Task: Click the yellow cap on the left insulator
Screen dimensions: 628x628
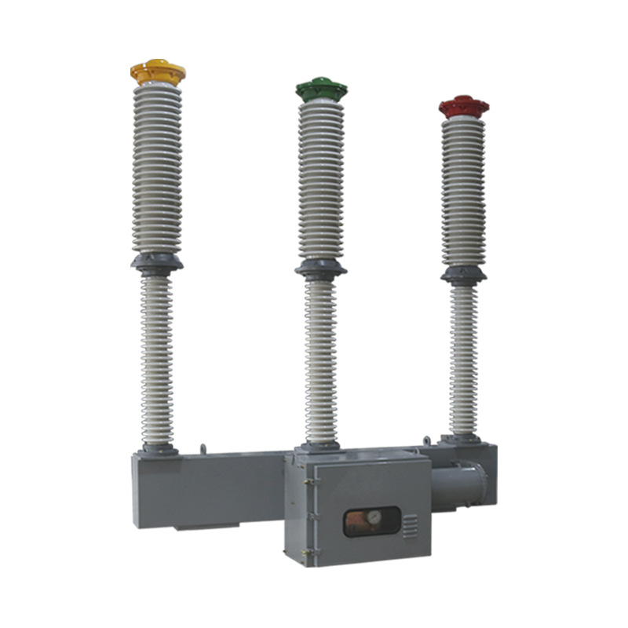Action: point(157,72)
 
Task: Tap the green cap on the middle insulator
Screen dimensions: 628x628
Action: point(322,89)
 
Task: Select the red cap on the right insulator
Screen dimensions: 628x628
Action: point(463,106)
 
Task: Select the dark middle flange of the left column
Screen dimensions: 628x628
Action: point(157,263)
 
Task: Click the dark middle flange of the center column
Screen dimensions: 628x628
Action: point(320,269)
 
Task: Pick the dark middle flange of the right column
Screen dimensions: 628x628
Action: point(463,275)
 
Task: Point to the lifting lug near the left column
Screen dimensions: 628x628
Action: point(203,448)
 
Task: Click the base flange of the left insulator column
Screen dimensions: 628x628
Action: point(159,450)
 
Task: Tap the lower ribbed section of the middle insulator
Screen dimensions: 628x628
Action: point(320,361)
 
